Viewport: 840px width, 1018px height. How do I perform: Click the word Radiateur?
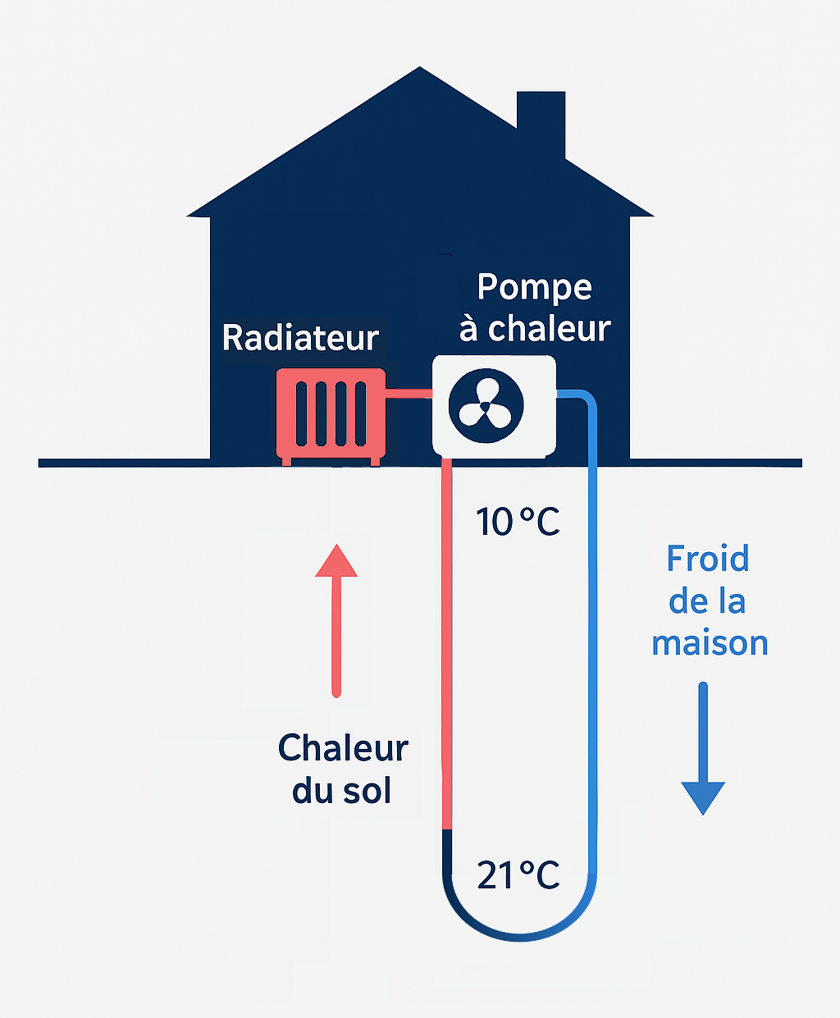pos(300,338)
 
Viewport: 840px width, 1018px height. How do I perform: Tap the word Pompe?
pos(534,288)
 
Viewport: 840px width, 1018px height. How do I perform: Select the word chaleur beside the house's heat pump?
pos(549,329)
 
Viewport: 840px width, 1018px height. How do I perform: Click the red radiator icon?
pos(331,414)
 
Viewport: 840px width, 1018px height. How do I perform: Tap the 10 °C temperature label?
pos(518,522)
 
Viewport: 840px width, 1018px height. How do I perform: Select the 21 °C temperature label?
pos(518,875)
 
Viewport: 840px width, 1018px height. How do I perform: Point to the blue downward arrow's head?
pos(703,797)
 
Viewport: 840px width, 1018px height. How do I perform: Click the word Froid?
pos(707,559)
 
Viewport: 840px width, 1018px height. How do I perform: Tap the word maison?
pos(710,643)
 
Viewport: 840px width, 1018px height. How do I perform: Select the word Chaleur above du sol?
pos(343,748)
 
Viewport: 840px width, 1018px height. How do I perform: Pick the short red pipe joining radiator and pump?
pos(409,394)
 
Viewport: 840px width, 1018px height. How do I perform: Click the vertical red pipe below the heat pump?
pos(447,640)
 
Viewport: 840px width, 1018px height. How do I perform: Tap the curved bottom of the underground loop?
pos(518,934)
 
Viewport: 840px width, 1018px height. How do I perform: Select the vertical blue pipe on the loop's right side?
pos(591,640)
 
